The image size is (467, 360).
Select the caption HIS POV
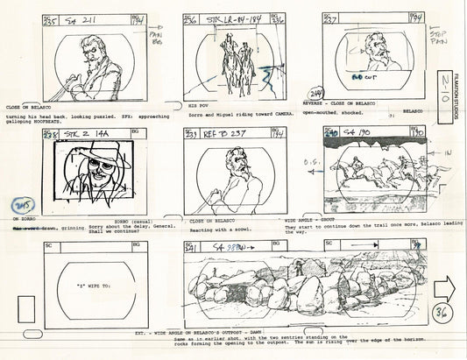click(x=198, y=104)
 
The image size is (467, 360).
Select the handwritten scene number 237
click(x=332, y=22)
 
